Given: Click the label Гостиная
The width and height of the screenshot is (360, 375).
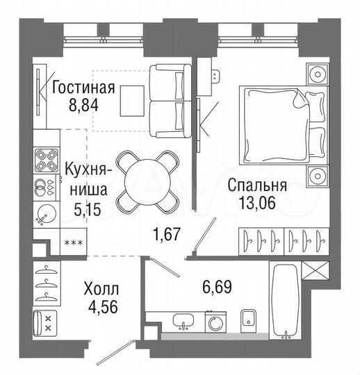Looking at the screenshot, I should pyautogui.click(x=83, y=88).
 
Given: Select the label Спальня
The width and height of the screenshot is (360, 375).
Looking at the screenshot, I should pyautogui.click(x=257, y=185).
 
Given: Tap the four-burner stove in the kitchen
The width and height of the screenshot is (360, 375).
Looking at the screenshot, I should pyautogui.click(x=49, y=161).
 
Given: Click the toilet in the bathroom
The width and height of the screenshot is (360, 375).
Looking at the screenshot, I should pyautogui.click(x=249, y=319).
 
